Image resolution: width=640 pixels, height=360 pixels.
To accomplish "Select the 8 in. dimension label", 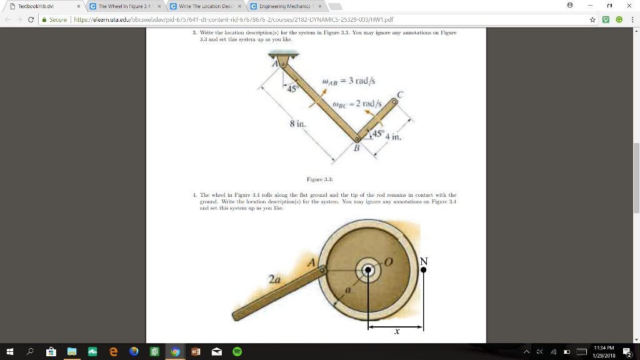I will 297,124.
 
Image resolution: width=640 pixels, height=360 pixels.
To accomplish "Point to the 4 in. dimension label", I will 393,136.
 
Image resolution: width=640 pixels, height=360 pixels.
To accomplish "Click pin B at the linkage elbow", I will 357,139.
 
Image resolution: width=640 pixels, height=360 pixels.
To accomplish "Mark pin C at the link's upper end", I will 394,101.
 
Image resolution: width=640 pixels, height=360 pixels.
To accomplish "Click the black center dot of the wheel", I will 369,270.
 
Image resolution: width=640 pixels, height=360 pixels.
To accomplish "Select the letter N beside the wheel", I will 424,261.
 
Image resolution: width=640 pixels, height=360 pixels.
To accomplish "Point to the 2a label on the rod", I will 274,281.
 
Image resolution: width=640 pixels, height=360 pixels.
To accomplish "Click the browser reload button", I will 31,19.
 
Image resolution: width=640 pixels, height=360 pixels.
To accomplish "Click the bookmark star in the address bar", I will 592,19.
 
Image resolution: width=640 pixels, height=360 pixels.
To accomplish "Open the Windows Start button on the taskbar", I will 10,351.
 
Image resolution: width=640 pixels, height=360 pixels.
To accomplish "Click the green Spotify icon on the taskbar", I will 236,351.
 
